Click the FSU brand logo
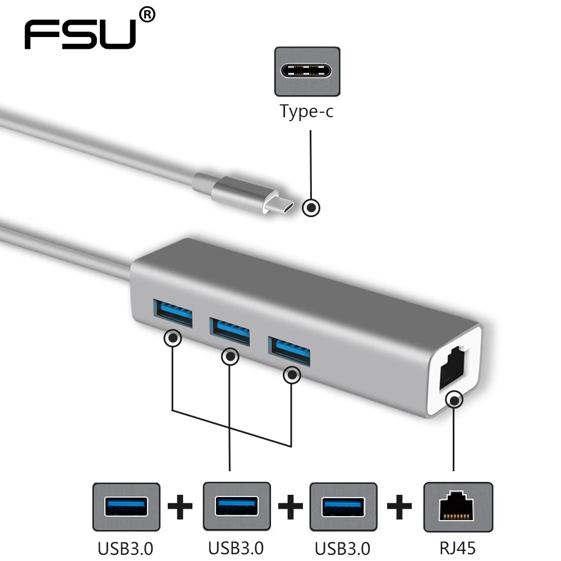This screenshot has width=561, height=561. (81, 35)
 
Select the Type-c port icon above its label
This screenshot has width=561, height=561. (307, 71)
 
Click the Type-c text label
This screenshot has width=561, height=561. (307, 112)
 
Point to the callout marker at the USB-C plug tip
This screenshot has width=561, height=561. (311, 208)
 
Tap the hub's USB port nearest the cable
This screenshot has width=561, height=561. (172, 313)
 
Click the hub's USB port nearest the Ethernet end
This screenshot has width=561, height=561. (289, 351)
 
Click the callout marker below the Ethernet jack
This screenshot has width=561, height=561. (453, 401)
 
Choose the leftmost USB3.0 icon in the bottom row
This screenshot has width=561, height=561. (126, 507)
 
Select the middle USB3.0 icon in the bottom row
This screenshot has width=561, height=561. (236, 507)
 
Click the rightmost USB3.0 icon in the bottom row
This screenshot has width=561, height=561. (343, 507)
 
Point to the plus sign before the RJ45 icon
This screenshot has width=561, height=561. (399, 508)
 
